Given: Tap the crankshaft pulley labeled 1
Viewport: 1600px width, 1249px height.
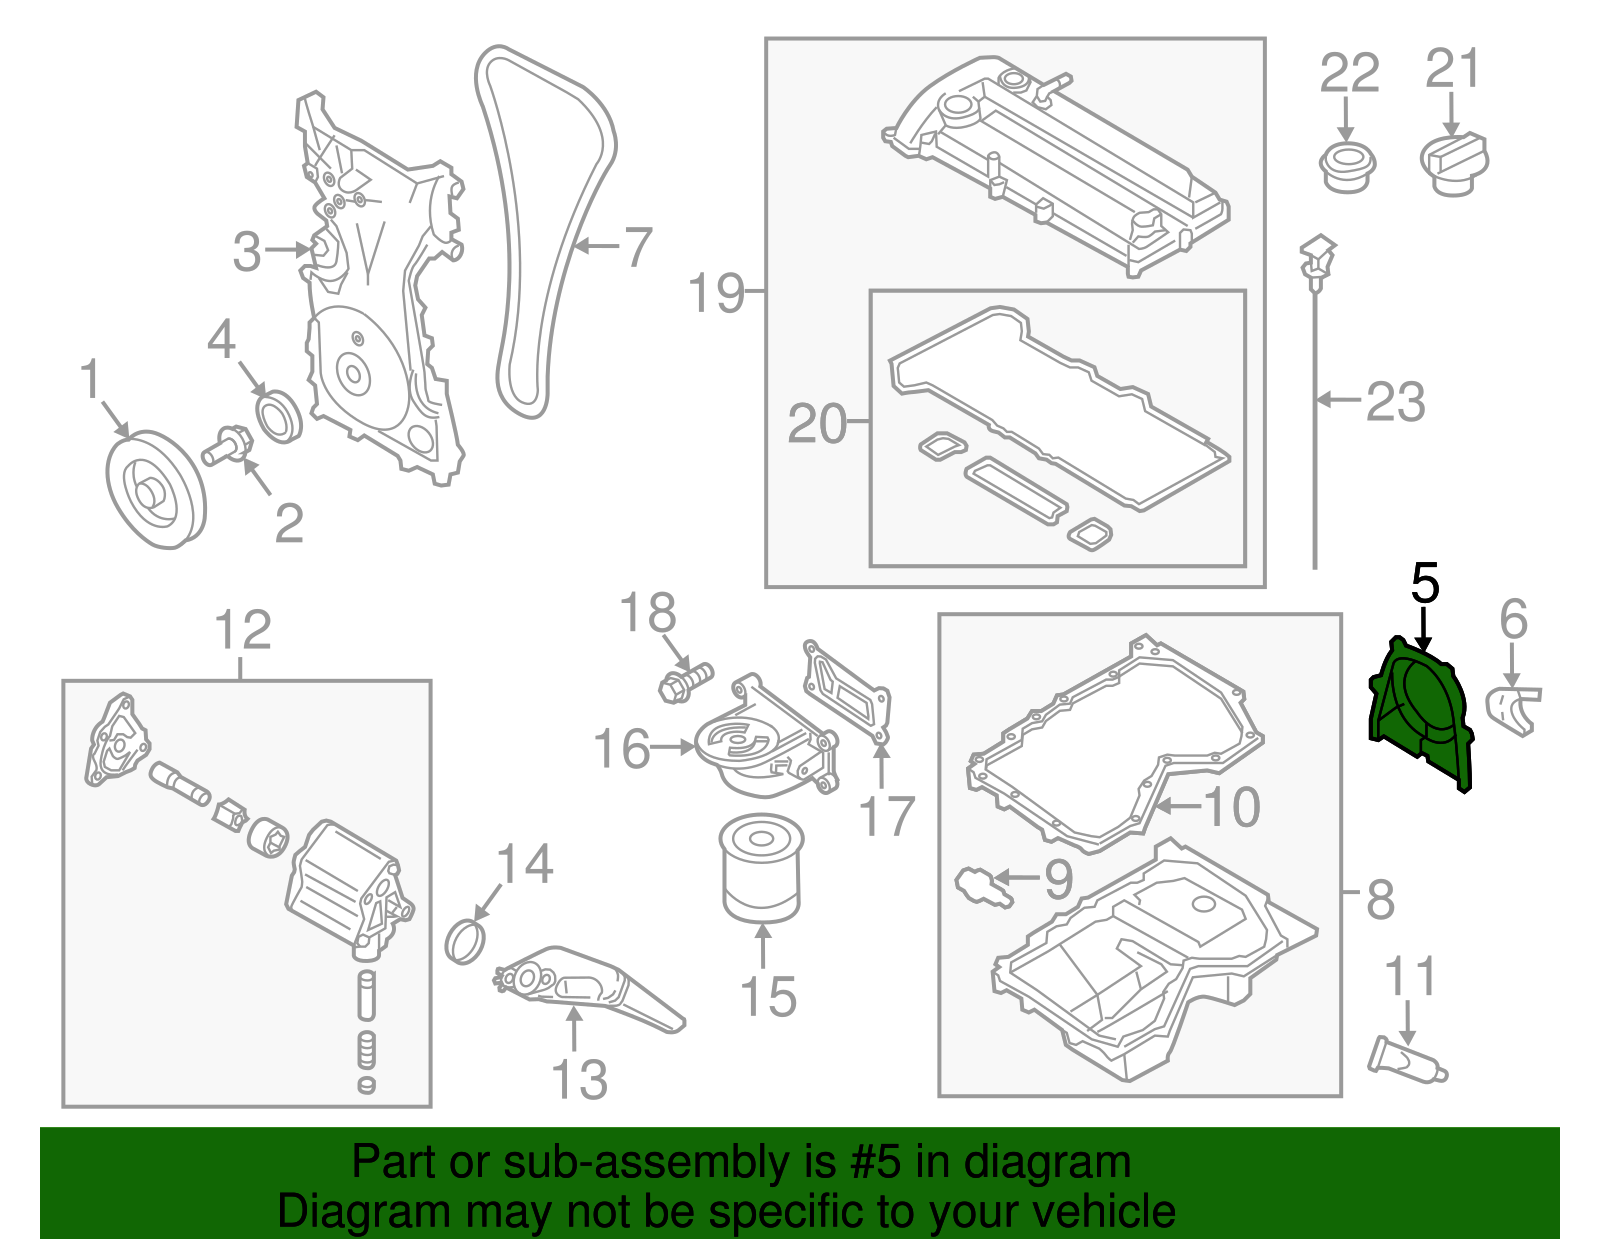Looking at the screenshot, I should [x=155, y=490].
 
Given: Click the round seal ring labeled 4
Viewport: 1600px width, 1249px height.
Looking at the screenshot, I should [x=279, y=417].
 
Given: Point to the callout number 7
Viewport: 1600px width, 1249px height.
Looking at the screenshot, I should [x=637, y=246].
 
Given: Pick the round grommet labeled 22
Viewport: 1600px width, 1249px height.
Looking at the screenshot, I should [x=1347, y=167].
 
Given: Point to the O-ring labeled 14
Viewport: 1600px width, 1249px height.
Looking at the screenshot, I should [x=466, y=941].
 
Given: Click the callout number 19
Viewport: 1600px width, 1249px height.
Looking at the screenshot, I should [x=716, y=293].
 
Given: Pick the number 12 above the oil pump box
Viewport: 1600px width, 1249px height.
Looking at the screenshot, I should [x=243, y=630].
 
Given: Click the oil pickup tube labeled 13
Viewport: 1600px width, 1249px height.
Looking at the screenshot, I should [x=590, y=992].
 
